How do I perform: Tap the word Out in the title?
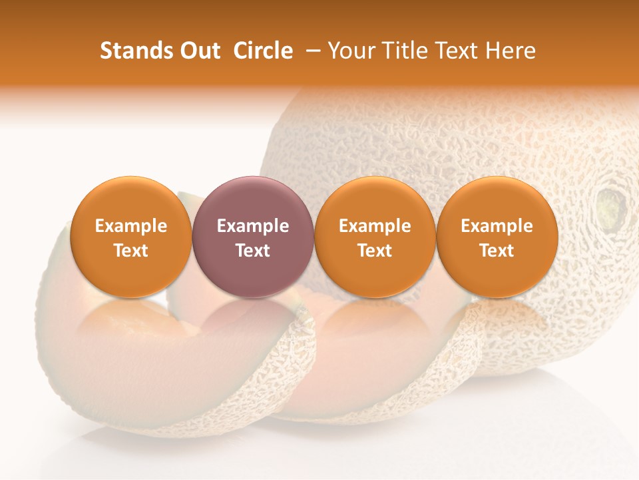pyautogui.click(x=199, y=51)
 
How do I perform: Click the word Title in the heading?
pyautogui.click(x=404, y=51)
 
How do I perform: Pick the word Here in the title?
pyautogui.click(x=511, y=51)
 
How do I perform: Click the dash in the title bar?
pyautogui.click(x=310, y=51)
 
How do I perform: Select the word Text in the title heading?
pyautogui.click(x=457, y=51)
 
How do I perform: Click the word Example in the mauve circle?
pyautogui.click(x=253, y=226)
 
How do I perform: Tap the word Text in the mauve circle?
pyautogui.click(x=253, y=251)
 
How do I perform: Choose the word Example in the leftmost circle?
pyautogui.click(x=131, y=226)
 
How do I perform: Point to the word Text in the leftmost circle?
pyautogui.click(x=131, y=251)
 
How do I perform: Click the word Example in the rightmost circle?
pyautogui.click(x=497, y=226)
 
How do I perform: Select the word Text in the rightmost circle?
pyautogui.click(x=497, y=251)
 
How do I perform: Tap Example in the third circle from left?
pyautogui.click(x=375, y=226)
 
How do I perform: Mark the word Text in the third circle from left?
pyautogui.click(x=375, y=251)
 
